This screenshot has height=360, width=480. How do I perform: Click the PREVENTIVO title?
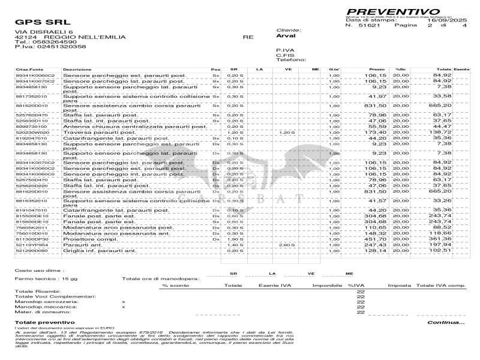392,11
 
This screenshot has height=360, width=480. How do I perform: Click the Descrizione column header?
77,70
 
